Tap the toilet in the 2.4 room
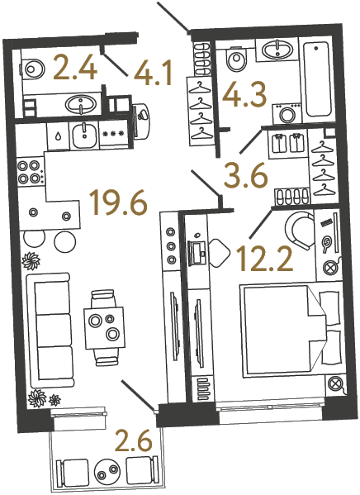(x=35, y=67)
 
